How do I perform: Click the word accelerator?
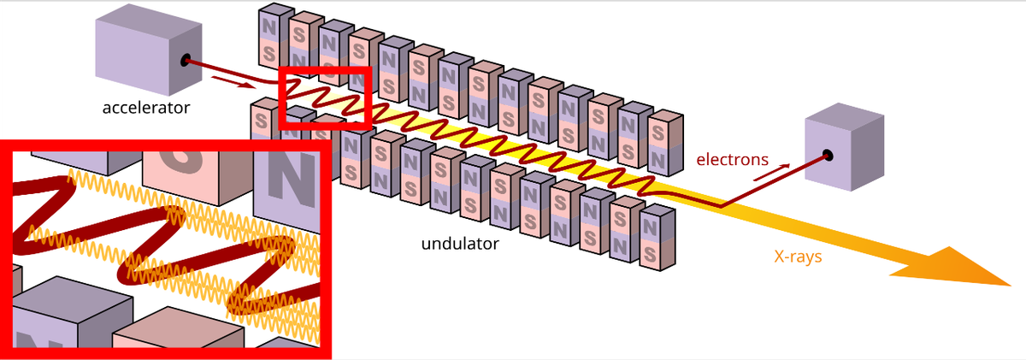click(146, 108)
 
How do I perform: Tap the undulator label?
click(460, 245)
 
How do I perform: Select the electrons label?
click(732, 158)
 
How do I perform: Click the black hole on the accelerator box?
click(186, 61)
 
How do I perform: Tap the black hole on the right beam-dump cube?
click(827, 156)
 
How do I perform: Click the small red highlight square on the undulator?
click(325, 97)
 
